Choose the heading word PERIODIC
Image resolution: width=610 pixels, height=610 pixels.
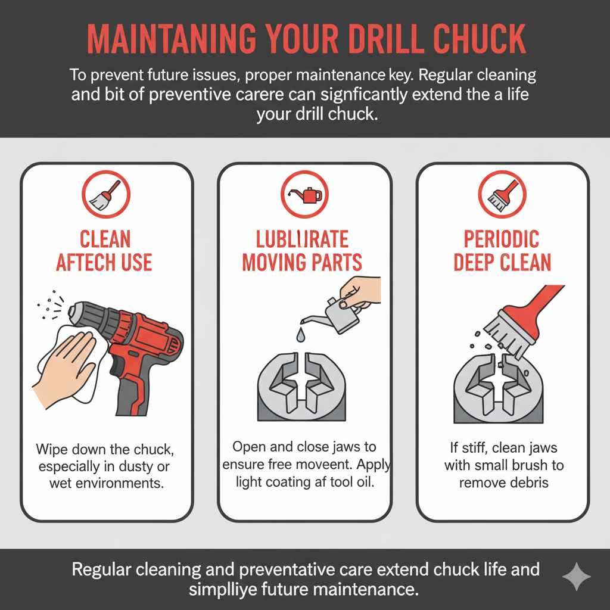coord(502,239)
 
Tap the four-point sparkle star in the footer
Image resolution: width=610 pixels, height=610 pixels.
coord(576,576)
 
